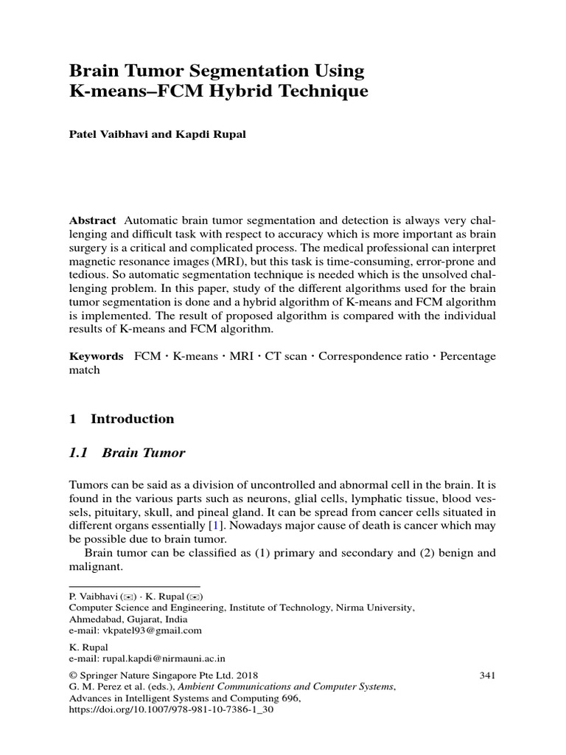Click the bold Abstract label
click(x=92, y=220)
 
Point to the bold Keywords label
click(x=97, y=356)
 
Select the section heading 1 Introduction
click(x=122, y=419)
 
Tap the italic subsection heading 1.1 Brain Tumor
click(x=127, y=453)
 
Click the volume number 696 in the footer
click(x=291, y=697)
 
